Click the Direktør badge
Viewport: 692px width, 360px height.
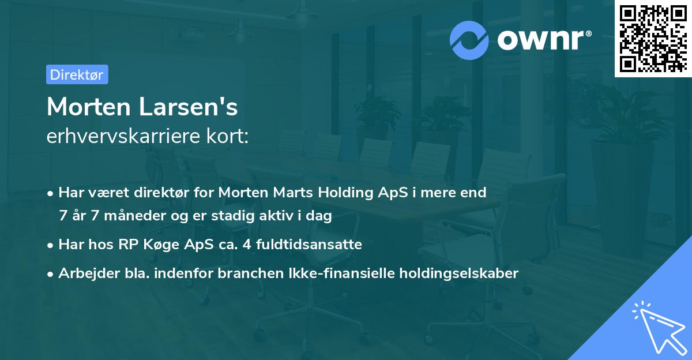[77, 74]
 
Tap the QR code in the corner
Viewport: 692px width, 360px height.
[652, 38]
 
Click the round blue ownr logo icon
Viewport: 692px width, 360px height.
[469, 40]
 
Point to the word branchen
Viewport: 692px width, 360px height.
[242, 273]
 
